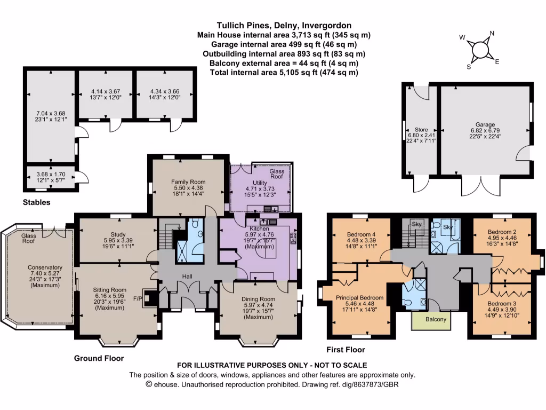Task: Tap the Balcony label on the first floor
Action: [431, 320]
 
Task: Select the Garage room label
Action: [486, 124]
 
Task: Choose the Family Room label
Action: [184, 182]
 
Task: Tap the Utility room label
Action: [260, 183]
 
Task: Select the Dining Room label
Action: [259, 299]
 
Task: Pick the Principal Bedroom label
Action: [359, 297]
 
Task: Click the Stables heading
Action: [37, 202]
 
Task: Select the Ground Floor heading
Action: [99, 359]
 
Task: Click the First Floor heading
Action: [346, 350]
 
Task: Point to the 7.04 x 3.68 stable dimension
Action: [51, 113]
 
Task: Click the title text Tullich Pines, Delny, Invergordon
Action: [284, 25]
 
